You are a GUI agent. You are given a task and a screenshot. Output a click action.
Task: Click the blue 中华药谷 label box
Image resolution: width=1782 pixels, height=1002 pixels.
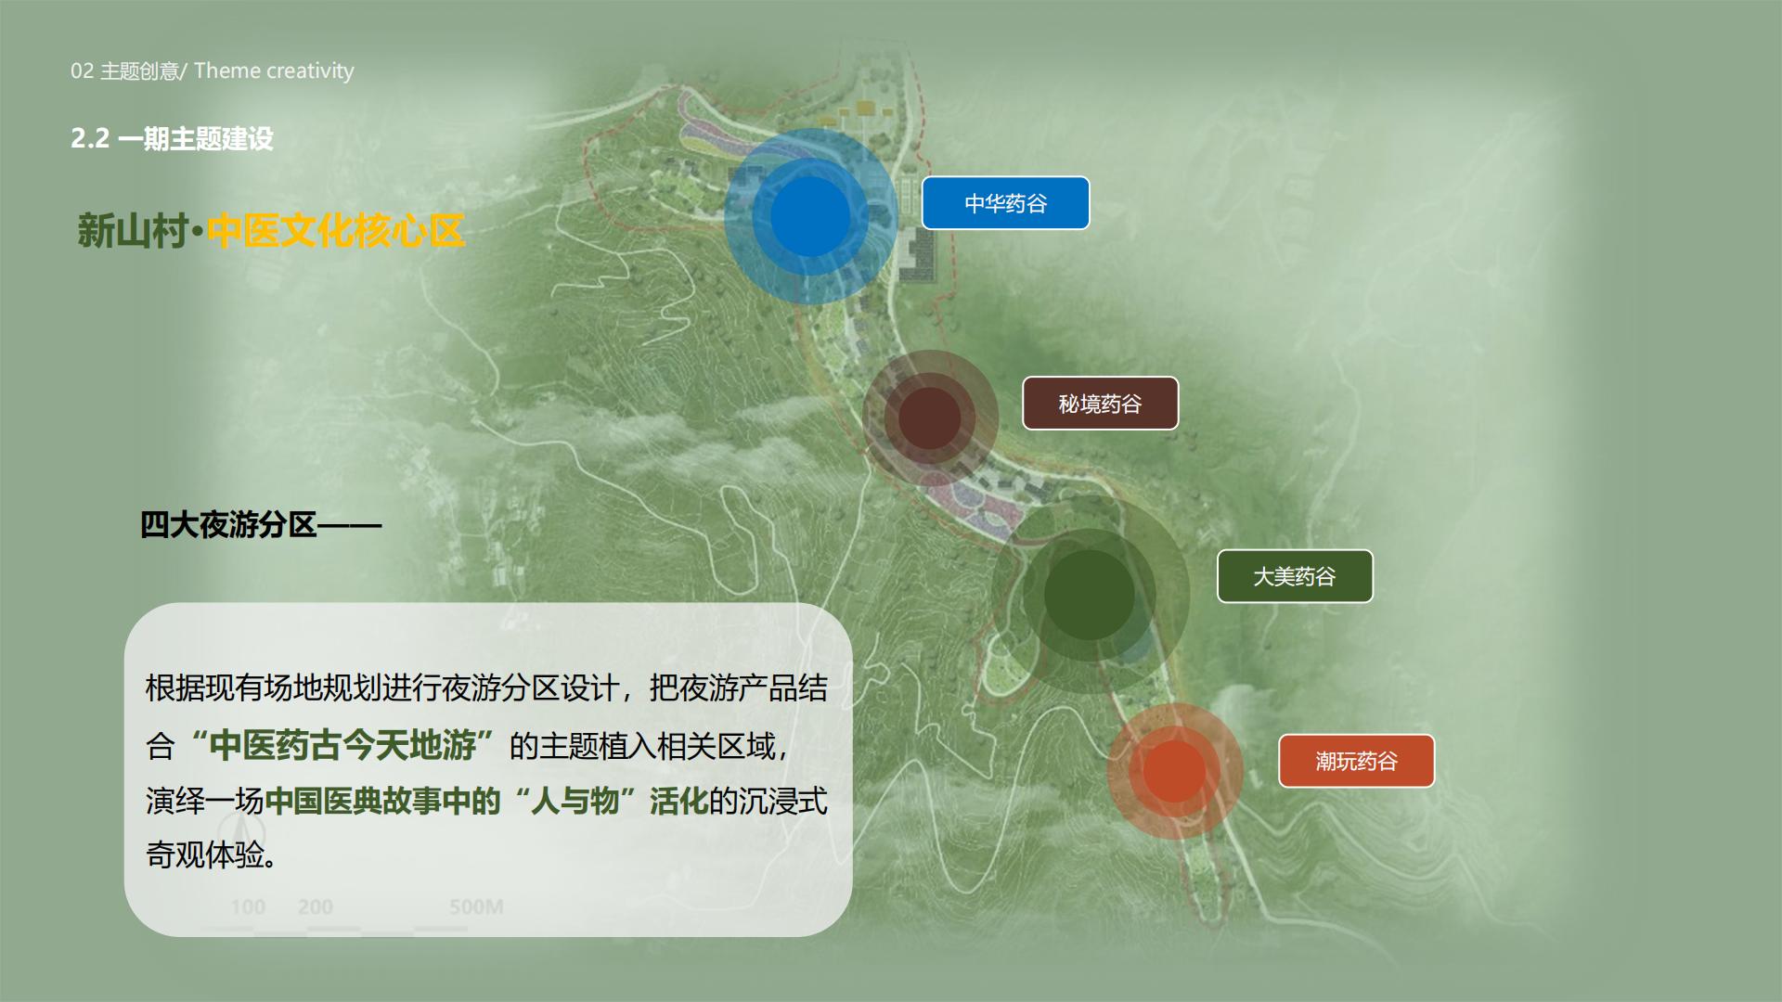[x=1005, y=203]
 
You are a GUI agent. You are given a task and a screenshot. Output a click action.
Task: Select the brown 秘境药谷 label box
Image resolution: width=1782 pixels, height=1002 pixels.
[x=1100, y=404]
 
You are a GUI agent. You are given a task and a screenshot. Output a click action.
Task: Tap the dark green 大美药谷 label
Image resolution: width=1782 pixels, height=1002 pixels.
[x=1295, y=576]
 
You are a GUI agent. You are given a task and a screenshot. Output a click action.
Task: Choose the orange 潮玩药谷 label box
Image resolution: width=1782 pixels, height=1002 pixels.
[x=1356, y=761]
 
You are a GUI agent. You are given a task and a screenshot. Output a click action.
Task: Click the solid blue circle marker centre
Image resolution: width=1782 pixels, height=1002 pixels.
[x=810, y=216]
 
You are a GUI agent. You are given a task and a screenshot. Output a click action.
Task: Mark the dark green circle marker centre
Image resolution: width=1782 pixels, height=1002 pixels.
[x=1089, y=595]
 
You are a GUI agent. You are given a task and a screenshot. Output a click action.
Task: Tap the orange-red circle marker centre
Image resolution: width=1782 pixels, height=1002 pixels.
[x=1174, y=771]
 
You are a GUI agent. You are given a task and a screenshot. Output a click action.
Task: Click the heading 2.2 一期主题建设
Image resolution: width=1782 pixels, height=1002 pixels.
[x=172, y=139]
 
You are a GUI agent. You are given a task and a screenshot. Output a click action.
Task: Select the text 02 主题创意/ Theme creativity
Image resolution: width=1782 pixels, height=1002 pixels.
[x=212, y=71]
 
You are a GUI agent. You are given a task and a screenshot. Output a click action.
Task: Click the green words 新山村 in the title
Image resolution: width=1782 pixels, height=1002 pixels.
[x=132, y=231]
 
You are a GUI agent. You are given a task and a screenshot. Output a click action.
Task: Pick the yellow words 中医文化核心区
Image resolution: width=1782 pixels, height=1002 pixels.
[x=335, y=231]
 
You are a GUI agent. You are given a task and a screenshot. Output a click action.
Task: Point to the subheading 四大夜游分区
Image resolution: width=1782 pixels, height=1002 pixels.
[x=228, y=525]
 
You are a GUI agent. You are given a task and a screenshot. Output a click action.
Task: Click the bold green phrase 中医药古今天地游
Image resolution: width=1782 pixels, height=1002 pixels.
[x=342, y=745]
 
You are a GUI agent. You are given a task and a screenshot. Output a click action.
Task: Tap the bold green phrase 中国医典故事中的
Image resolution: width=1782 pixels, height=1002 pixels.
[x=383, y=801]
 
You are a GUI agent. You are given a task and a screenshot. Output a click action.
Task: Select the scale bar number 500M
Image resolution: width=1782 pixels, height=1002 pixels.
[x=476, y=906]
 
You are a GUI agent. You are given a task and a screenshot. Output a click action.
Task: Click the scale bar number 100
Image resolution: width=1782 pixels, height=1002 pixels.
[x=248, y=906]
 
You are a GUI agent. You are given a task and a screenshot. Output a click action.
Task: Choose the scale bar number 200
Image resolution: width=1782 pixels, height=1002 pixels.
[x=316, y=906]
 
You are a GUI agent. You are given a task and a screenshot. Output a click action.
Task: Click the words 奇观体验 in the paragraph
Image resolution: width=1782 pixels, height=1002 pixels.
[x=205, y=854]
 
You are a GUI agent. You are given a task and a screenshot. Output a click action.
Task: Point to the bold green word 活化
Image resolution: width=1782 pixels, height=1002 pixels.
[x=678, y=801]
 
